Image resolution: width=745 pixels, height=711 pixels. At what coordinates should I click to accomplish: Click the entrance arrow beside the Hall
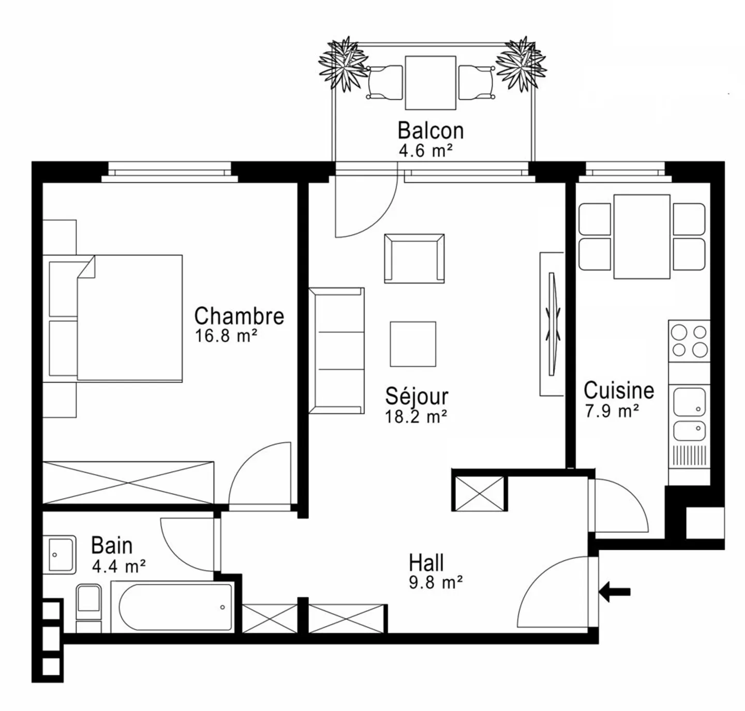tap(615, 592)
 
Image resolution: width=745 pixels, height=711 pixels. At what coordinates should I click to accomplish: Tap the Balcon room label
tap(430, 131)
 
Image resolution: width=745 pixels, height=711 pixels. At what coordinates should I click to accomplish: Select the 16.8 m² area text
tap(226, 336)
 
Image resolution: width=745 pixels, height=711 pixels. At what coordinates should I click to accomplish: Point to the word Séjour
tap(416, 397)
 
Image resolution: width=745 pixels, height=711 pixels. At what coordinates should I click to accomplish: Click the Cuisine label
tap(619, 390)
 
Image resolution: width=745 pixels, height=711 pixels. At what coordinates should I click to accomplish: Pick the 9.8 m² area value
tap(436, 582)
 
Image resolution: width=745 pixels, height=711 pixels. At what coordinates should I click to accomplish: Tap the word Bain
tap(112, 546)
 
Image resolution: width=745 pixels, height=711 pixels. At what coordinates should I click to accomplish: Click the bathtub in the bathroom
tap(172, 607)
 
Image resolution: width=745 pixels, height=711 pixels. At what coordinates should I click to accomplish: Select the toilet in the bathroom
tap(89, 608)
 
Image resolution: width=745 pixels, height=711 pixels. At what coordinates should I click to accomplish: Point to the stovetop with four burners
tap(689, 341)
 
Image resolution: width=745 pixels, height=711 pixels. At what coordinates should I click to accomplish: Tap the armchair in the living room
tap(414, 259)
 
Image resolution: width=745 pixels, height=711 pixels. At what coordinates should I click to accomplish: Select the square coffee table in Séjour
tap(413, 344)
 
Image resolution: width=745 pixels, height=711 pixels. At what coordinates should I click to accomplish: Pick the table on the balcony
tap(430, 83)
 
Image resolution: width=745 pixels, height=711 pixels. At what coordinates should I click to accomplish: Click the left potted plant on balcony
tap(344, 64)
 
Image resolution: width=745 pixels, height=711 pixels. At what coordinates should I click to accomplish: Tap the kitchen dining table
tap(642, 236)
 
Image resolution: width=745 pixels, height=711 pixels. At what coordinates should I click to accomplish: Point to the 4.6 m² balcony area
tap(426, 151)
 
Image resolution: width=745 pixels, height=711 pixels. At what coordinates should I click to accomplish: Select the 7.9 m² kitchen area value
tap(612, 411)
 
